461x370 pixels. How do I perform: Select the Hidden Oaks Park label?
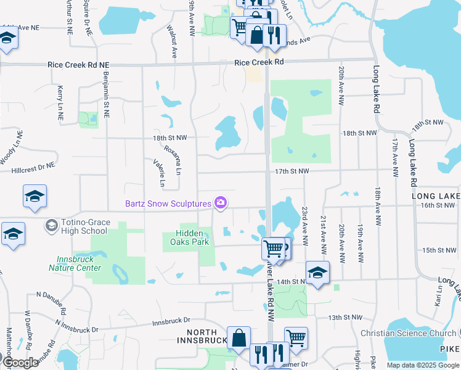point(192,237)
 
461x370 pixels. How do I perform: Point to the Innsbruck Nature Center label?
point(75,264)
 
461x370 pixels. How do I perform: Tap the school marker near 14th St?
point(317,273)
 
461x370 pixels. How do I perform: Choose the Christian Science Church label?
point(408,333)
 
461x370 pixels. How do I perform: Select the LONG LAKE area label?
point(435,196)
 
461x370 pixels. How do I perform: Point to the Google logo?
point(20,363)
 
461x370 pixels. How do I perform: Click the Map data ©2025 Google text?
point(423,365)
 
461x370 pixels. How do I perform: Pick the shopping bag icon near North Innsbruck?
point(239,338)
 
